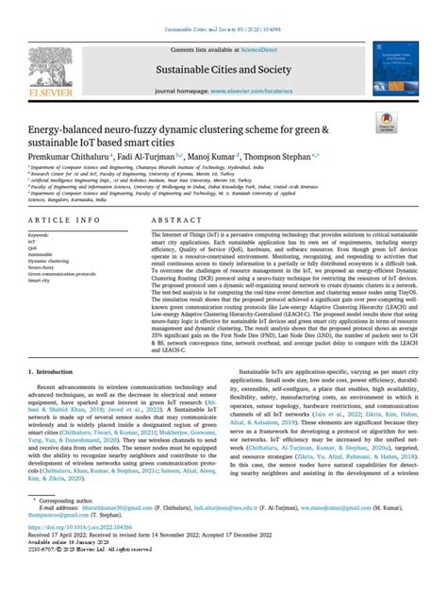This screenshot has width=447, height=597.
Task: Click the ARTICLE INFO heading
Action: (x=67, y=219)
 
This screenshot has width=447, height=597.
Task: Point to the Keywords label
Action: (x=42, y=234)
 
